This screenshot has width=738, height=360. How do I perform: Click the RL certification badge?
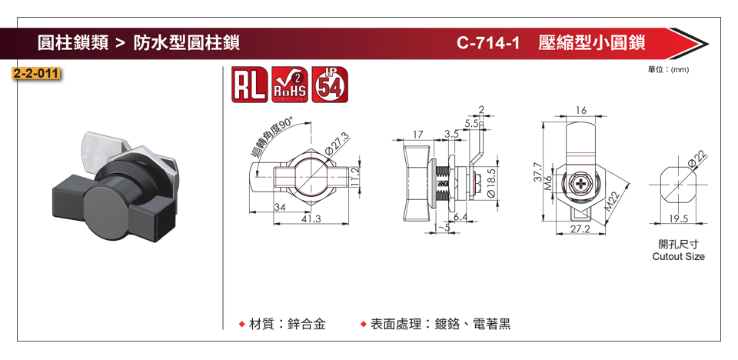coord(248,84)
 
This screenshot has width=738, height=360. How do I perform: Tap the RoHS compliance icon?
coord(290,84)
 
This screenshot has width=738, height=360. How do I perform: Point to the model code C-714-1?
coord(488,43)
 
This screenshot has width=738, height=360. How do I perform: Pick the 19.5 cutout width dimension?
coord(678,219)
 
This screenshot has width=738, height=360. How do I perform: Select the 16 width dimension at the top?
coord(580,111)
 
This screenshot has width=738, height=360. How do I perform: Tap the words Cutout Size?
coord(677,256)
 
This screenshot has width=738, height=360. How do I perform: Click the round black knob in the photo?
coord(105,202)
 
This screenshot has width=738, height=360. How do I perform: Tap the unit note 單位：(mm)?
coord(669,69)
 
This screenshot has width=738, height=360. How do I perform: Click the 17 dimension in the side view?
coord(418,134)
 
